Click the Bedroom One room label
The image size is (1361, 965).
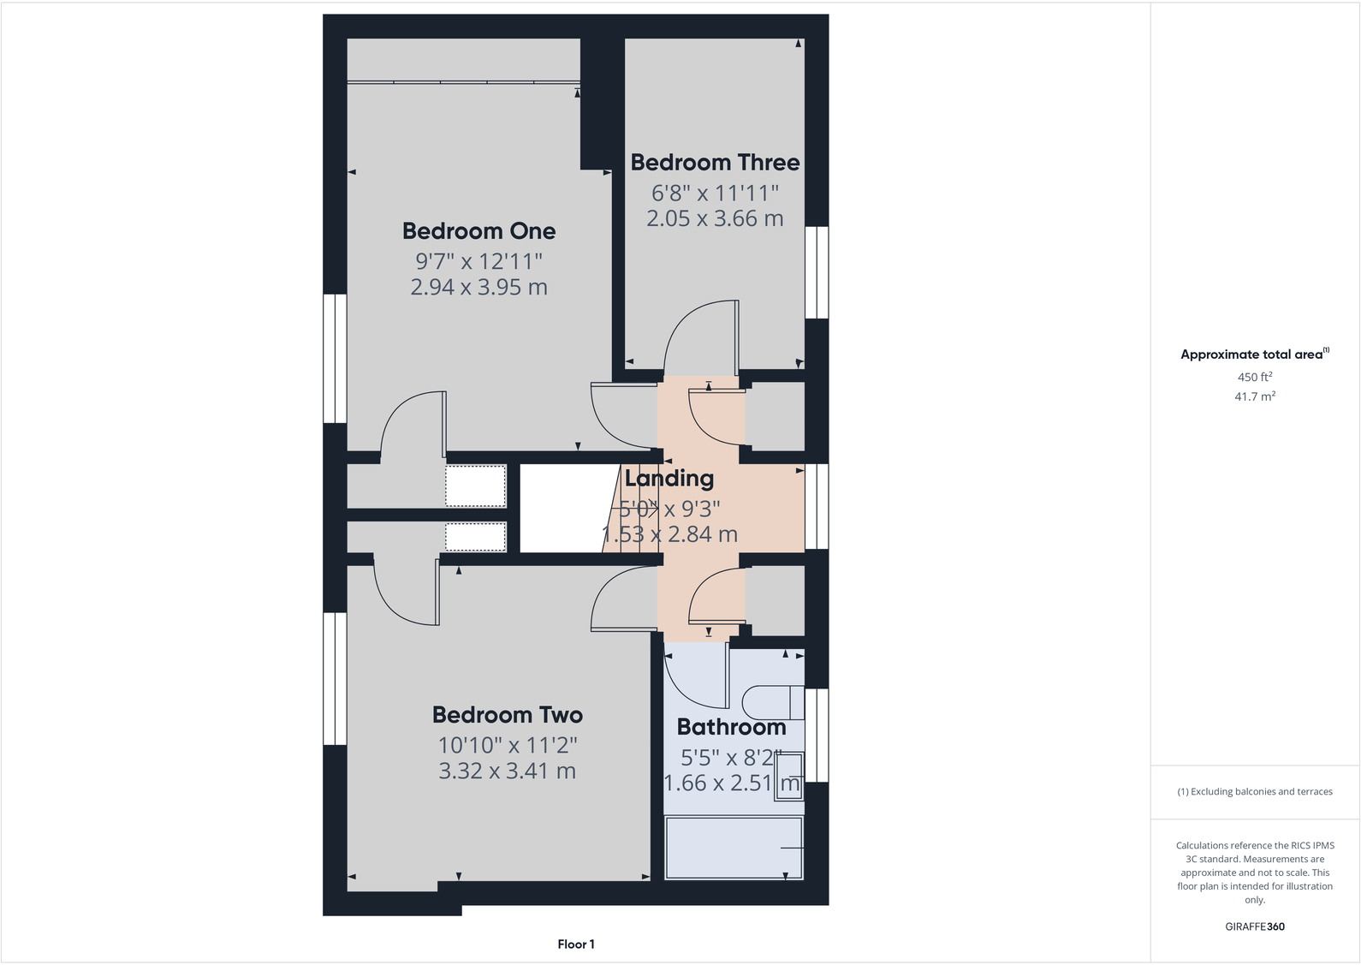pyautogui.click(x=478, y=231)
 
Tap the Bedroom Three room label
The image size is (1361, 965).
pyautogui.click(x=715, y=163)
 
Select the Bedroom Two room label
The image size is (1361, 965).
pyautogui.click(x=507, y=715)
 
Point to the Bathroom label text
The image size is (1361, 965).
pyautogui.click(x=731, y=727)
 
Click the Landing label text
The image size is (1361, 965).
pyautogui.click(x=669, y=479)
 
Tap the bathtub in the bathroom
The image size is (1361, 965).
pyautogui.click(x=734, y=848)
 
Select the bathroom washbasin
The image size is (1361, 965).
pyautogui.click(x=789, y=777)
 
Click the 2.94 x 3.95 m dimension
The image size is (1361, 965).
pyautogui.click(x=478, y=287)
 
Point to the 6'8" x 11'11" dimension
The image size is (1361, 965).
pyautogui.click(x=715, y=193)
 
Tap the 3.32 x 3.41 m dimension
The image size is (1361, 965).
pyautogui.click(x=507, y=771)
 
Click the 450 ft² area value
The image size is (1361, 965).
pyautogui.click(x=1254, y=377)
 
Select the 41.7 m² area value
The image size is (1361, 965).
pyautogui.click(x=1254, y=396)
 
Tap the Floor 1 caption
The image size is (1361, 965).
pyautogui.click(x=575, y=944)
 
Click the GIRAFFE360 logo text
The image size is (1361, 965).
pyautogui.click(x=1254, y=926)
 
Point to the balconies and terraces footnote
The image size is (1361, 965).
pyautogui.click(x=1254, y=792)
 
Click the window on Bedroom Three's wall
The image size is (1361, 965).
pyautogui.click(x=817, y=272)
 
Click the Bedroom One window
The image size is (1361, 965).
pyautogui.click(x=335, y=358)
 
